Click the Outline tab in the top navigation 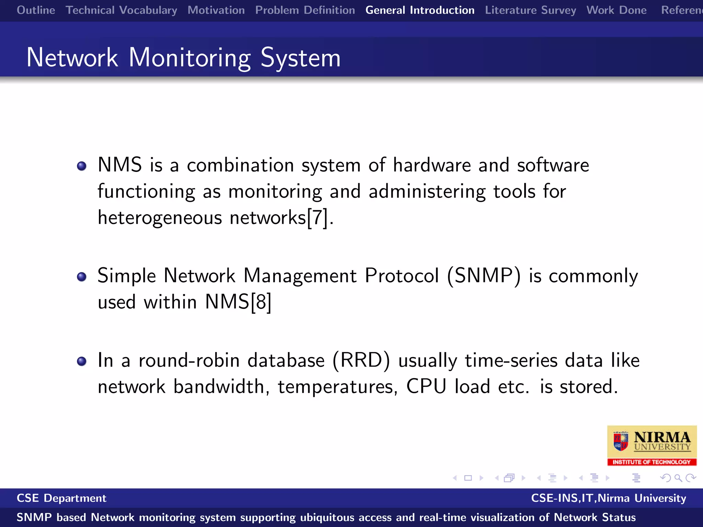(36, 10)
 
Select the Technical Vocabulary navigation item (121, 10)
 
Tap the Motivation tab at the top (216, 10)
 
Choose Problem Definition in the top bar (305, 10)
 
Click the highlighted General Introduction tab (420, 10)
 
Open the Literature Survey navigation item (530, 10)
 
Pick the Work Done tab (616, 10)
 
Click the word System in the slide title (300, 58)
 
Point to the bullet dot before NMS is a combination (82, 166)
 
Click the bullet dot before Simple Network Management (82, 277)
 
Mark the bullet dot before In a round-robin (82, 361)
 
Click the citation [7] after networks (317, 218)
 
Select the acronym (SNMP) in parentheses (484, 276)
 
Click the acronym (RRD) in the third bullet (361, 360)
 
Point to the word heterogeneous (160, 218)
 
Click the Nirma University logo (652, 445)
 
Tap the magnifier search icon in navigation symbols (678, 478)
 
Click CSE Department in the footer (61, 498)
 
